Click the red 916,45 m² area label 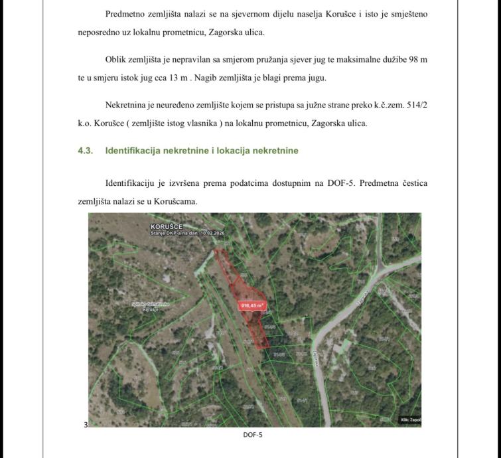point(252,306)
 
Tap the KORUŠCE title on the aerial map point(166,227)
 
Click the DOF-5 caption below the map point(253,435)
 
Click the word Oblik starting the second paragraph point(117,60)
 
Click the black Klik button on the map point(410,420)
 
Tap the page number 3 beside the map point(86,425)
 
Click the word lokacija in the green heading point(237,151)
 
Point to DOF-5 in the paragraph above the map point(340,183)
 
